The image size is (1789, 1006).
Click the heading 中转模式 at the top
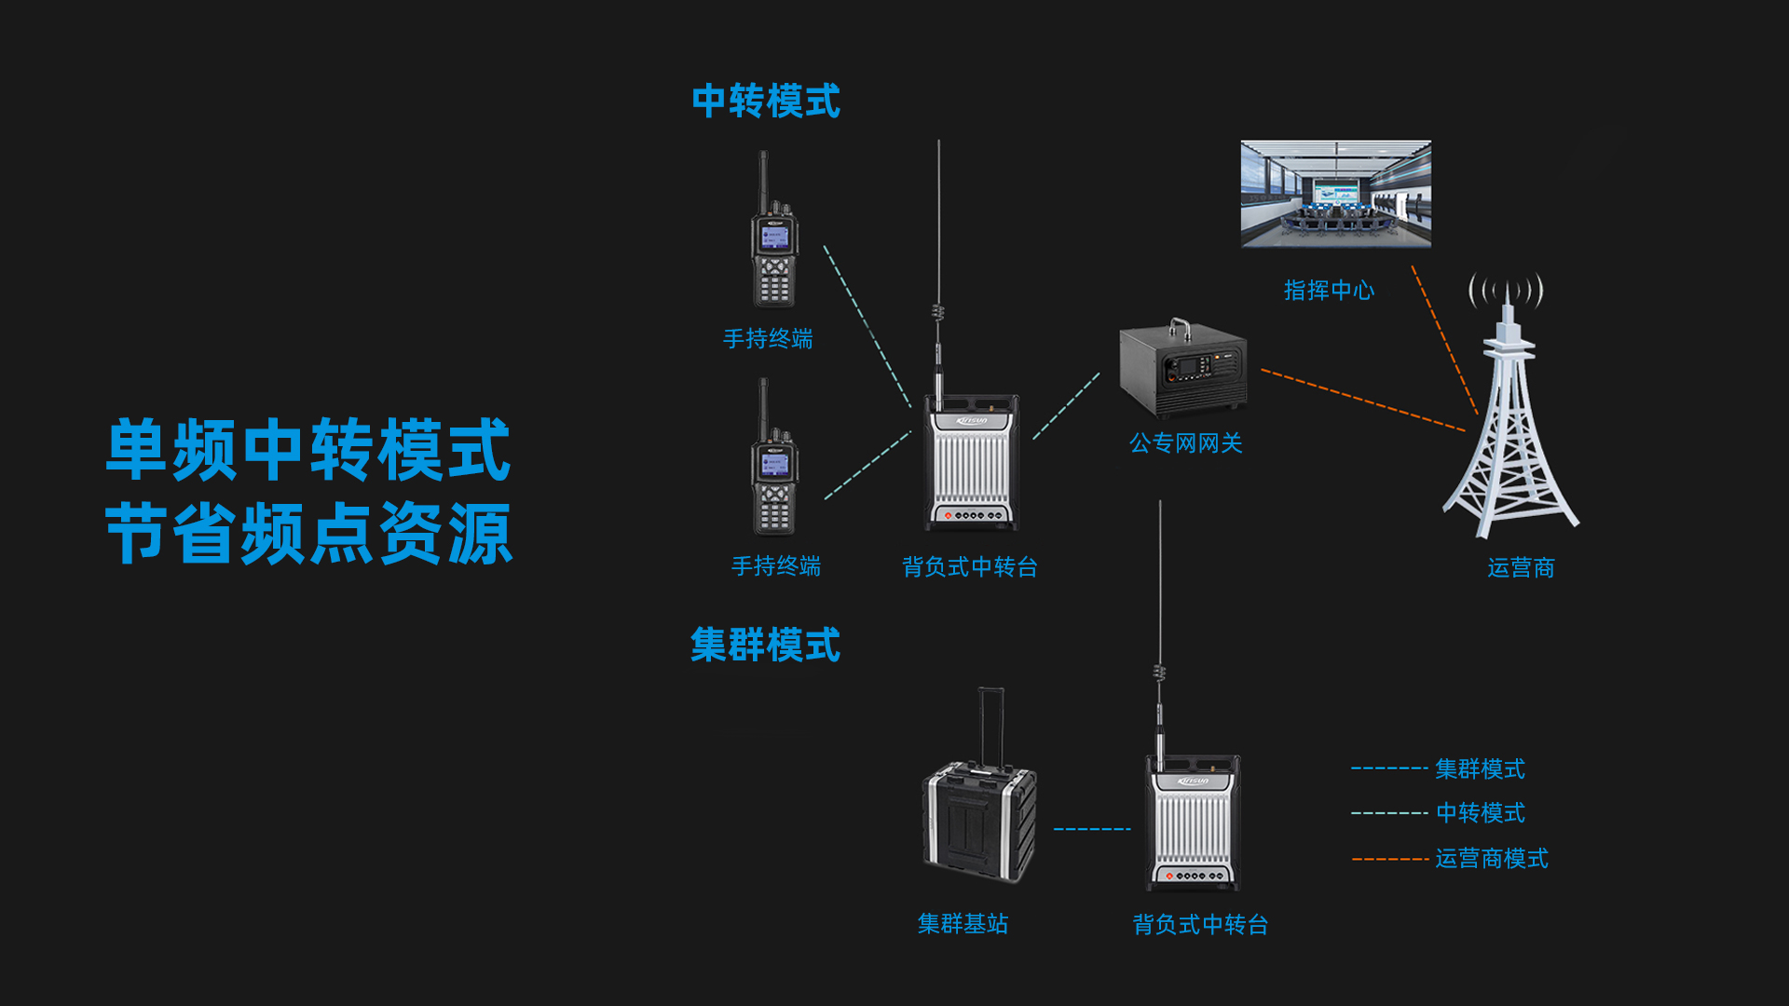pyautogui.click(x=766, y=101)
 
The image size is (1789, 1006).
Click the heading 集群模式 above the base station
pyautogui.click(x=765, y=645)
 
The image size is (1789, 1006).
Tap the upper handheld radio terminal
pyautogui.click(x=773, y=230)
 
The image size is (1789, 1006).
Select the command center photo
pyautogui.click(x=1335, y=194)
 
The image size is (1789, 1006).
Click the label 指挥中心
pyautogui.click(x=1329, y=291)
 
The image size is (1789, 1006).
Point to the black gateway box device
pyautogui.click(x=1182, y=369)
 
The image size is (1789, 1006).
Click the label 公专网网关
pyautogui.click(x=1186, y=442)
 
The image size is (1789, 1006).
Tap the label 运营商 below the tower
pyautogui.click(x=1521, y=567)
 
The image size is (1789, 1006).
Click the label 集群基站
pyautogui.click(x=963, y=923)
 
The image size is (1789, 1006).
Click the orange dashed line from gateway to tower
pyautogui.click(x=1363, y=401)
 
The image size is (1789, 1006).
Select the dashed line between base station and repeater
pyautogui.click(x=1092, y=828)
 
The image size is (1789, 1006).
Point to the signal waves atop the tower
pyautogui.click(x=1506, y=290)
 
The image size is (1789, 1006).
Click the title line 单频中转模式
pyautogui.click(x=308, y=450)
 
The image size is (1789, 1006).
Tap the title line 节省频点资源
pyautogui.click(x=308, y=534)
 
